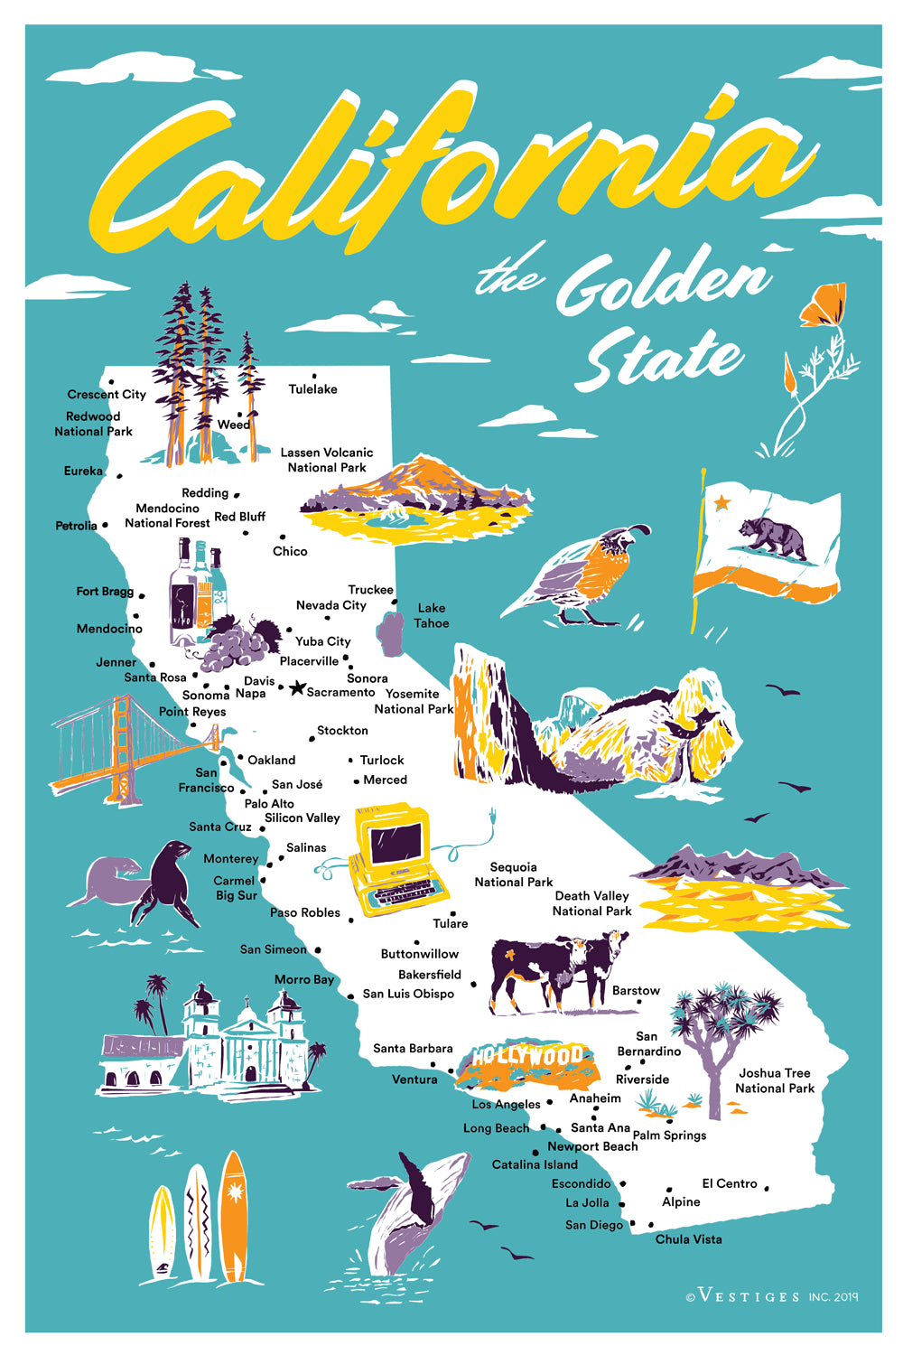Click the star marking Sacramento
pos(296,688)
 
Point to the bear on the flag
pos(772,537)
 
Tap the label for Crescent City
pos(107,395)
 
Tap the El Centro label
pos(730,1183)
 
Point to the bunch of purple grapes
pos(237,643)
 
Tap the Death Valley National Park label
pos(592,903)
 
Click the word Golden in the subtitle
pos(664,282)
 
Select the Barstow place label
pos(636,991)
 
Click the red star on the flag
pos(721,502)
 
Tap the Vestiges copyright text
pos(772,1297)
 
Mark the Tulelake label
pos(312,389)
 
